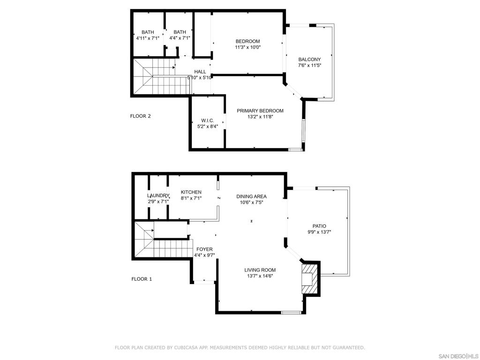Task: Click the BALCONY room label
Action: tap(309, 60)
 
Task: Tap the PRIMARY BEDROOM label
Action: tap(260, 111)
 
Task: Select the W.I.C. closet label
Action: tap(208, 120)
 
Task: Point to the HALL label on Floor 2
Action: tap(200, 72)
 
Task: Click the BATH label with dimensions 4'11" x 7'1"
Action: tap(148, 32)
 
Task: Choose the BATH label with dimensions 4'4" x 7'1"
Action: tap(180, 32)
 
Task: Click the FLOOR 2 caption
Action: tap(141, 116)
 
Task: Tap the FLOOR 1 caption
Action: tap(142, 279)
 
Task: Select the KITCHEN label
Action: tap(191, 192)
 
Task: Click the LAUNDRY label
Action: tap(158, 196)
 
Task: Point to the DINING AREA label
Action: tap(251, 196)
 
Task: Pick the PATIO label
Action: tap(319, 226)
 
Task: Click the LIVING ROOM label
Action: tap(260, 270)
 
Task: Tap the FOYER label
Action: tap(204, 249)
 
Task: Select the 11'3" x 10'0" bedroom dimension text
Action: tap(247, 47)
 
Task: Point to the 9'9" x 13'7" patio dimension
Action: tap(319, 232)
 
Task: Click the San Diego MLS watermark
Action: tap(458, 356)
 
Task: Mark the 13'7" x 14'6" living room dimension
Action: tap(260, 276)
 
